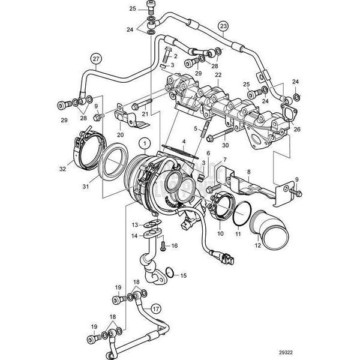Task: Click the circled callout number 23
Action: (223, 26)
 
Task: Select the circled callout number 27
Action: (96, 59)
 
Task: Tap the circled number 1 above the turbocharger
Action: (145, 143)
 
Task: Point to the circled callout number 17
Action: (155, 309)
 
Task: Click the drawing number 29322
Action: (286, 352)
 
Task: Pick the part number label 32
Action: (62, 169)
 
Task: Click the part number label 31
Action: (85, 187)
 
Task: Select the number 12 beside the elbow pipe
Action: (258, 245)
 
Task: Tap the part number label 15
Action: (184, 275)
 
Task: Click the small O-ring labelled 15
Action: (169, 272)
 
